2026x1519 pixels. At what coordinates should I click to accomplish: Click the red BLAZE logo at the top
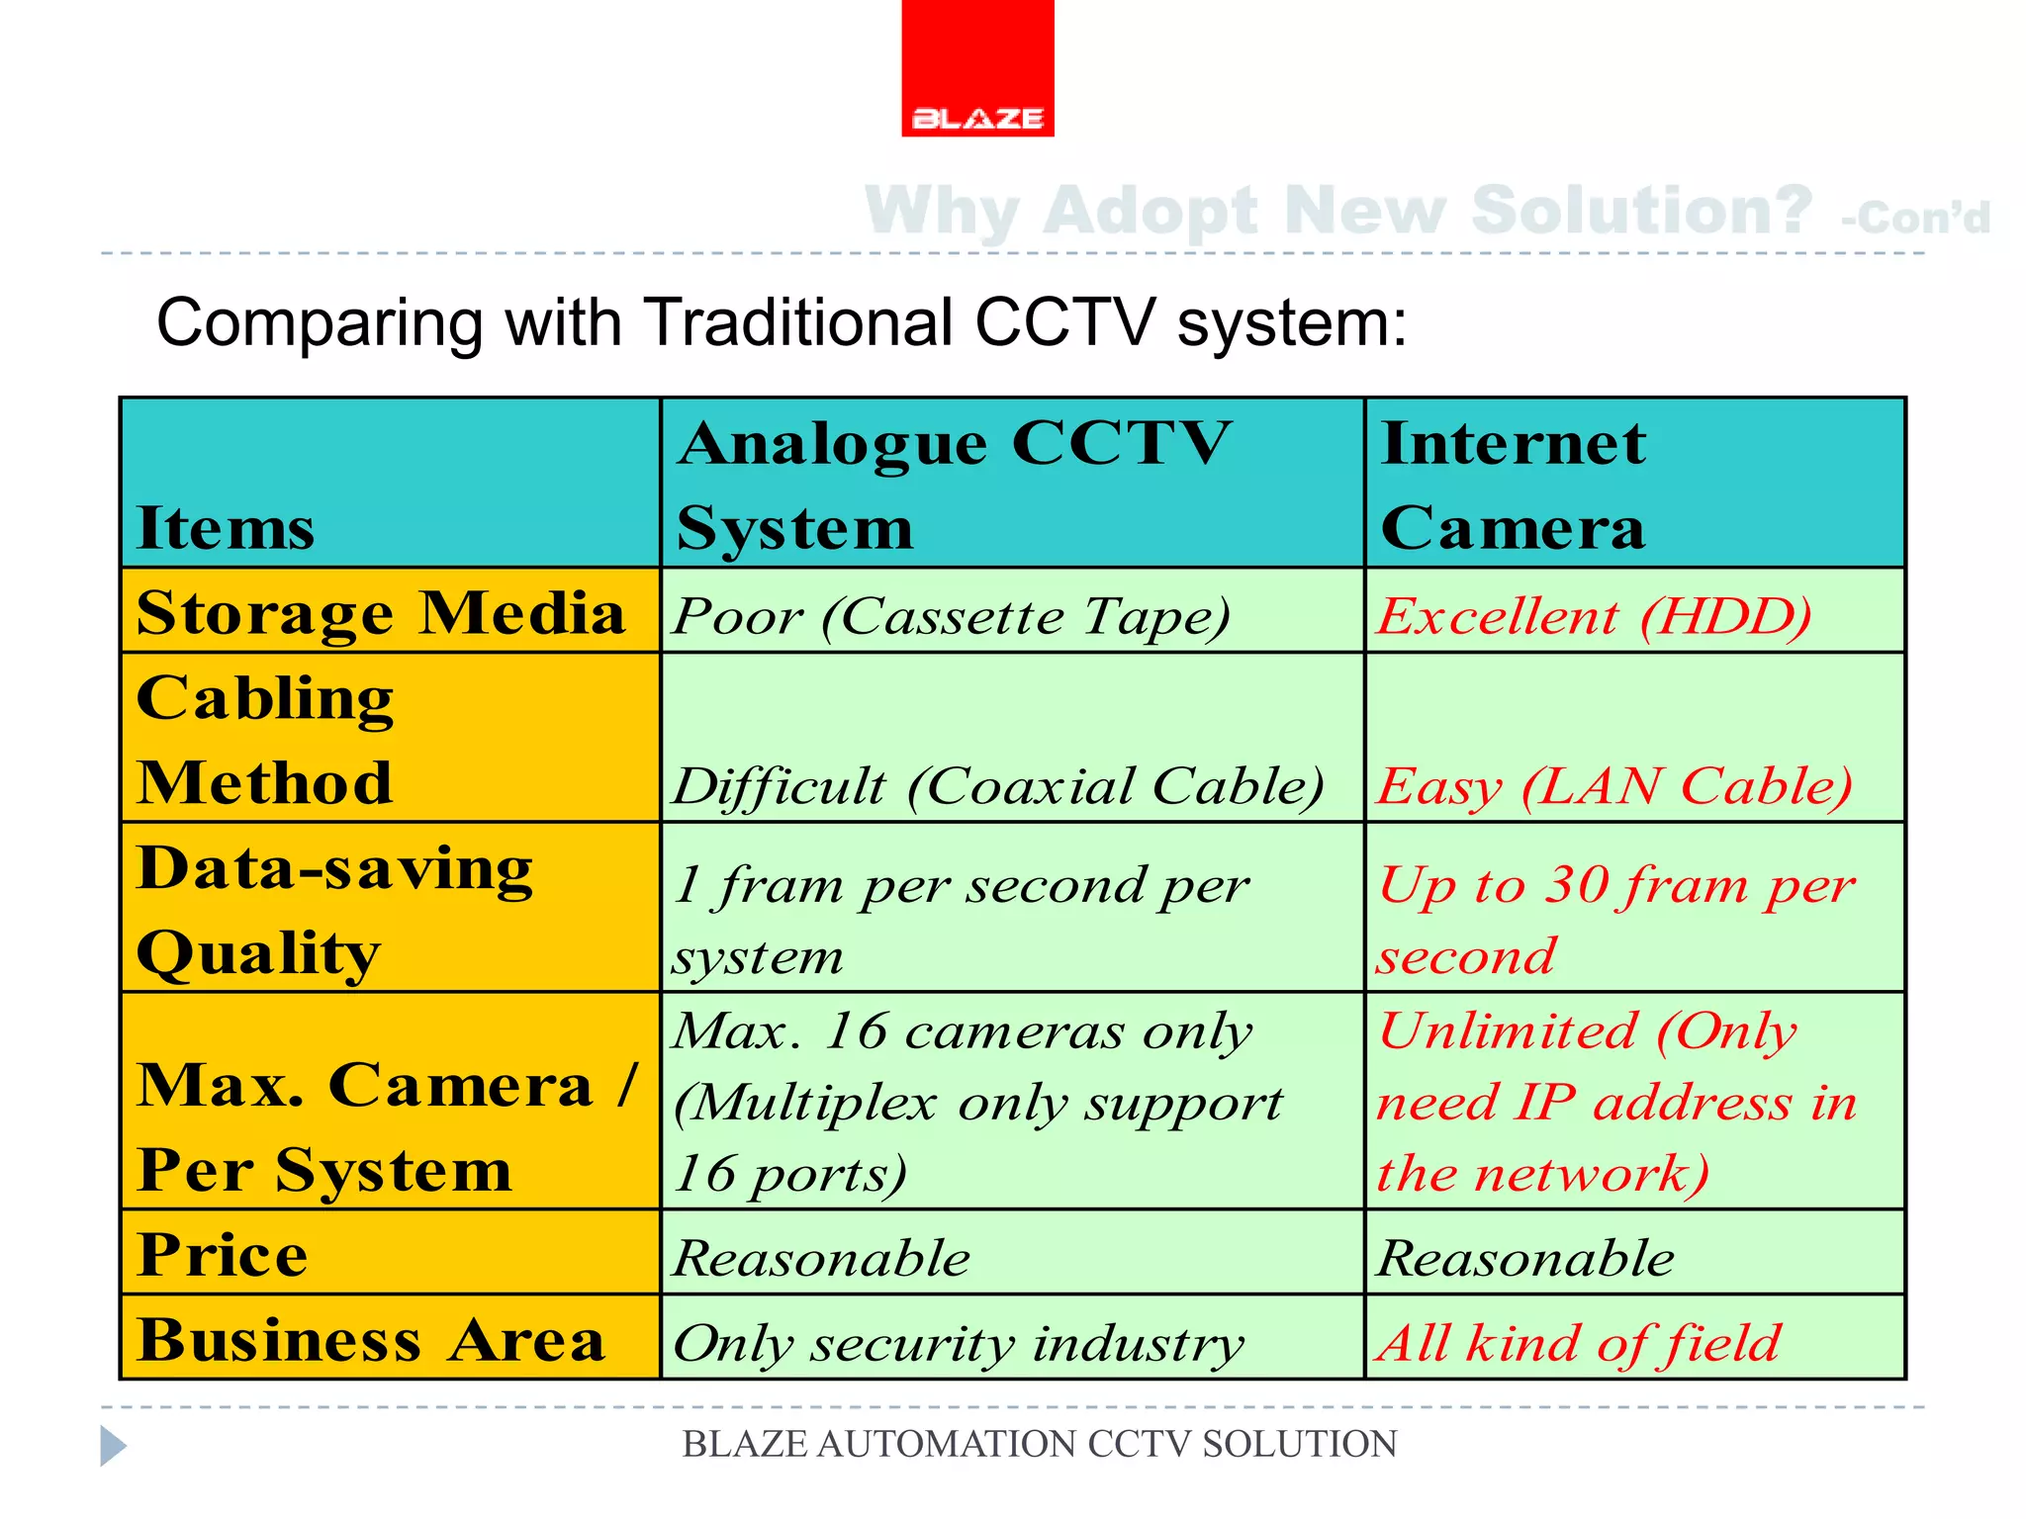pyautogui.click(x=977, y=67)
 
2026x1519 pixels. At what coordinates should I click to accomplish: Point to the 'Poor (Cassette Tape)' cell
pyautogui.click(x=952, y=616)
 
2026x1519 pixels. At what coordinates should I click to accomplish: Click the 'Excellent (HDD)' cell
pyautogui.click(x=1595, y=616)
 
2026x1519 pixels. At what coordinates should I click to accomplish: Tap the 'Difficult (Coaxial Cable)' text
pyautogui.click(x=997, y=787)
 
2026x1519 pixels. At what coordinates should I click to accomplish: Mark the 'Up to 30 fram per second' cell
pyautogui.click(x=1616, y=920)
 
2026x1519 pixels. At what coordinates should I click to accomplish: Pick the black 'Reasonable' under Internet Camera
pyautogui.click(x=1525, y=1258)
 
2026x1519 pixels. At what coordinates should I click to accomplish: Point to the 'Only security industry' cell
pyautogui.click(x=958, y=1344)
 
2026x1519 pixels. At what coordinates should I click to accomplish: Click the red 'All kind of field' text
pyautogui.click(x=1579, y=1344)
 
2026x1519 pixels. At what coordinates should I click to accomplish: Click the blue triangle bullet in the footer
pyautogui.click(x=113, y=1446)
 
